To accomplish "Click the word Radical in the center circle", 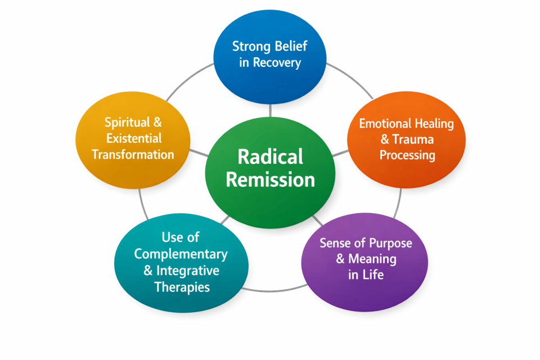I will point(271,156).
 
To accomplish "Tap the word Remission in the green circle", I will point(271,179).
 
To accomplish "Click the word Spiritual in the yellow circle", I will point(127,122).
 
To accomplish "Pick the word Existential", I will point(133,138).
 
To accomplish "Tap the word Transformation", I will point(133,154).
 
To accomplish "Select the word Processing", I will point(407,155).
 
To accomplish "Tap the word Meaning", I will point(372,259).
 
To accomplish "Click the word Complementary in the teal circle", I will point(181,254).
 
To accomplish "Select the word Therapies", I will point(182,287).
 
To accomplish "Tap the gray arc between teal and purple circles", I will point(274,290).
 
